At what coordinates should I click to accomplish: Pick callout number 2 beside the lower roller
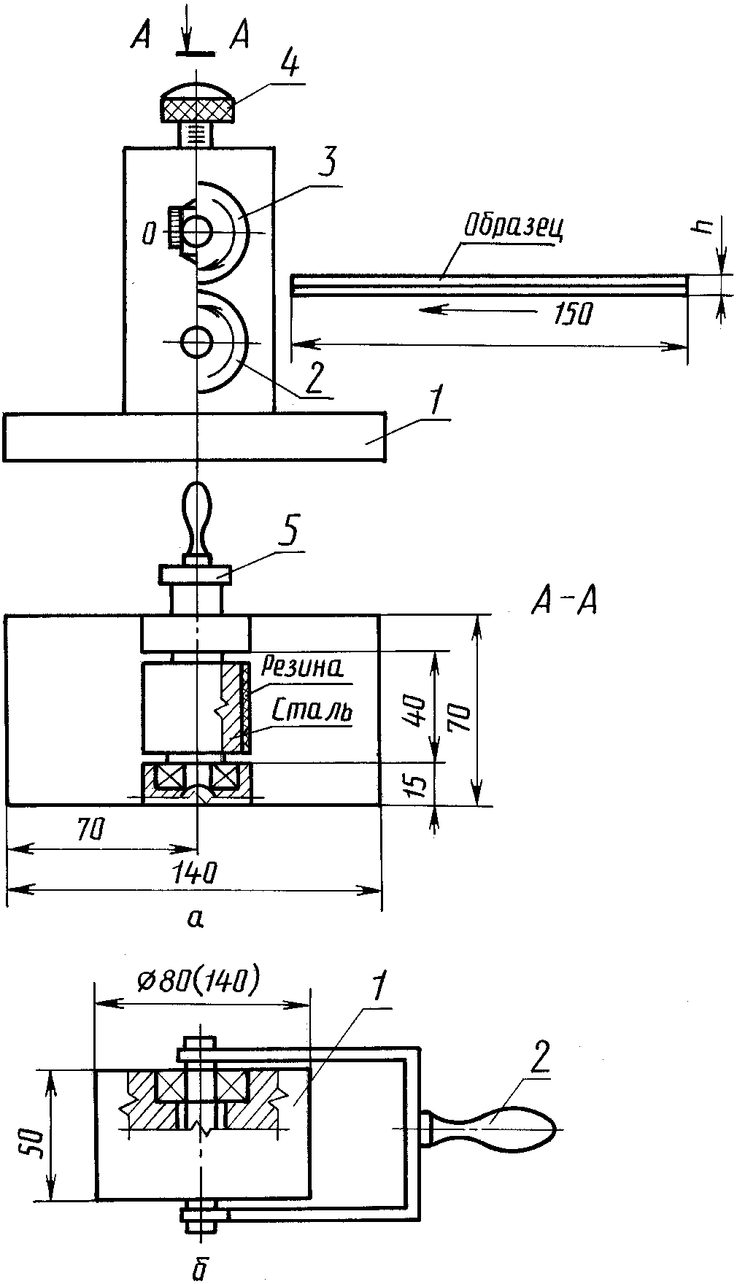tap(315, 379)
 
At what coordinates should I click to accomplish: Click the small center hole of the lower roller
tap(197, 342)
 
